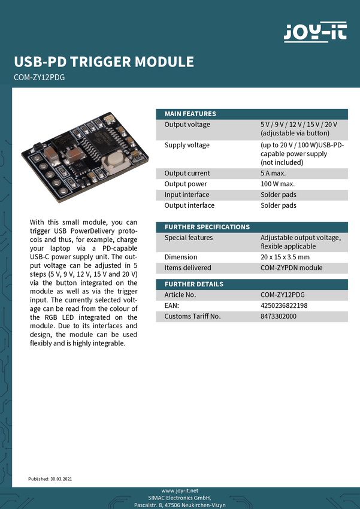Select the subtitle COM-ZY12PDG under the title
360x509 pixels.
coord(39,77)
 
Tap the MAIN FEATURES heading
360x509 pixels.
coord(190,114)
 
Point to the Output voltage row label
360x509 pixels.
coord(187,125)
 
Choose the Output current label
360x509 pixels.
coord(187,174)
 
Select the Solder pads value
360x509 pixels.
coord(278,195)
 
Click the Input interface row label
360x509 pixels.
coord(187,195)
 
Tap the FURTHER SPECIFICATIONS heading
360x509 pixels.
coord(207,227)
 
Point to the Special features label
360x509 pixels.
coord(188,238)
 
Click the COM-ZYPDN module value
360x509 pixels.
coord(291,268)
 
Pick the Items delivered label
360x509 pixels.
coord(187,268)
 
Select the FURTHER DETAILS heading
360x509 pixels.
coord(193,284)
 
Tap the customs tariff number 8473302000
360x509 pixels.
coord(278,316)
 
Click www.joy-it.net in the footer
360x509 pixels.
coord(180,490)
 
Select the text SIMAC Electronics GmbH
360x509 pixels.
coord(180,498)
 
